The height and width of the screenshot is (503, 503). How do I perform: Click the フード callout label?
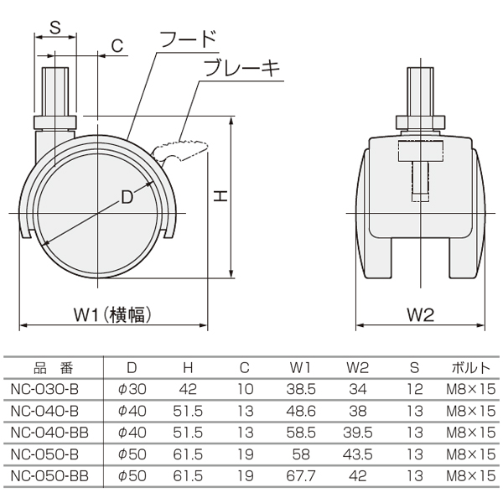188,39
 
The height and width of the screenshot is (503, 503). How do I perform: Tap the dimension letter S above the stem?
55,27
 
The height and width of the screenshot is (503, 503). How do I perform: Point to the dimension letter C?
117,46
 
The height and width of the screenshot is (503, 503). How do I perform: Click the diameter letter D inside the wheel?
127,197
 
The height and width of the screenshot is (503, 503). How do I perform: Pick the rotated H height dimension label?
220,195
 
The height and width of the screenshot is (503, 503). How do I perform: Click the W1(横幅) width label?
112,314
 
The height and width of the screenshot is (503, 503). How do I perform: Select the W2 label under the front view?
421,314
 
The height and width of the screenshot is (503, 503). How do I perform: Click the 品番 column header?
54,368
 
